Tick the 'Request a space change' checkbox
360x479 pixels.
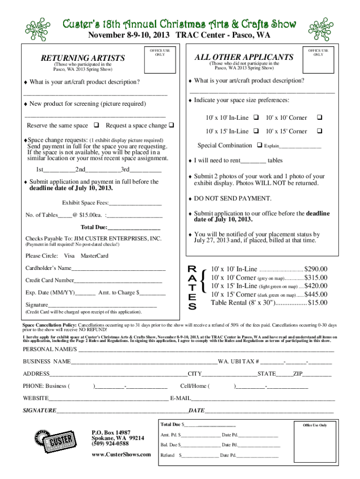point(171,125)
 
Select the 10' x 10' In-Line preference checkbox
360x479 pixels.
point(256,116)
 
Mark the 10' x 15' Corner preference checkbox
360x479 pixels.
point(320,131)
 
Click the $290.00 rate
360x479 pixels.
point(316,269)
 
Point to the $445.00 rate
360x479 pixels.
point(316,294)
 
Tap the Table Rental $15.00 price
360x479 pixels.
point(317,303)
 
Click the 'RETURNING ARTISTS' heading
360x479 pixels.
point(83,58)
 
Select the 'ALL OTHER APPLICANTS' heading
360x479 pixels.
point(244,57)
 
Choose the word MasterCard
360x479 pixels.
point(94,256)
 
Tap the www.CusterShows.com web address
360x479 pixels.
point(121,455)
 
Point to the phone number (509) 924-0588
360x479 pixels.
point(110,443)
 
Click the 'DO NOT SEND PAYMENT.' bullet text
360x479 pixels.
point(232,199)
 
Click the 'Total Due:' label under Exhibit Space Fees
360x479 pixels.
point(94,228)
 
